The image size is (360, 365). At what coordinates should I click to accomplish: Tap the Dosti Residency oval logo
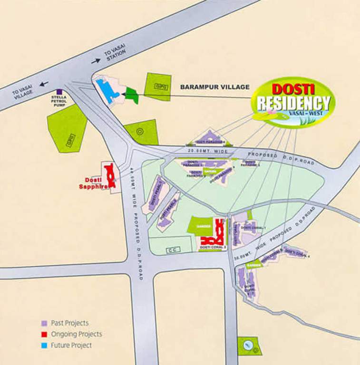coord(293,102)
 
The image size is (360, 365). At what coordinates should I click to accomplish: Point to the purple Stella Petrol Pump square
coord(59,92)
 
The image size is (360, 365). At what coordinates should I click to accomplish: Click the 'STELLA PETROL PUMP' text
coord(59,101)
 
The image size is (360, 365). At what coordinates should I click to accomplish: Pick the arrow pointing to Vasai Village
coord(44,84)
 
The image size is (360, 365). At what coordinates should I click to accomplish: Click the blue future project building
coord(107,90)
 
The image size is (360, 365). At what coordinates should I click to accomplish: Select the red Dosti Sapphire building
coord(110,174)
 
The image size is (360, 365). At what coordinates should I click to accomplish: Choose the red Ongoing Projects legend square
coord(44,334)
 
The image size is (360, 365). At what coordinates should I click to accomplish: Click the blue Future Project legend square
coord(44,346)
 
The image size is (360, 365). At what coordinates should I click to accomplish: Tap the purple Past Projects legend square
coord(44,323)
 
